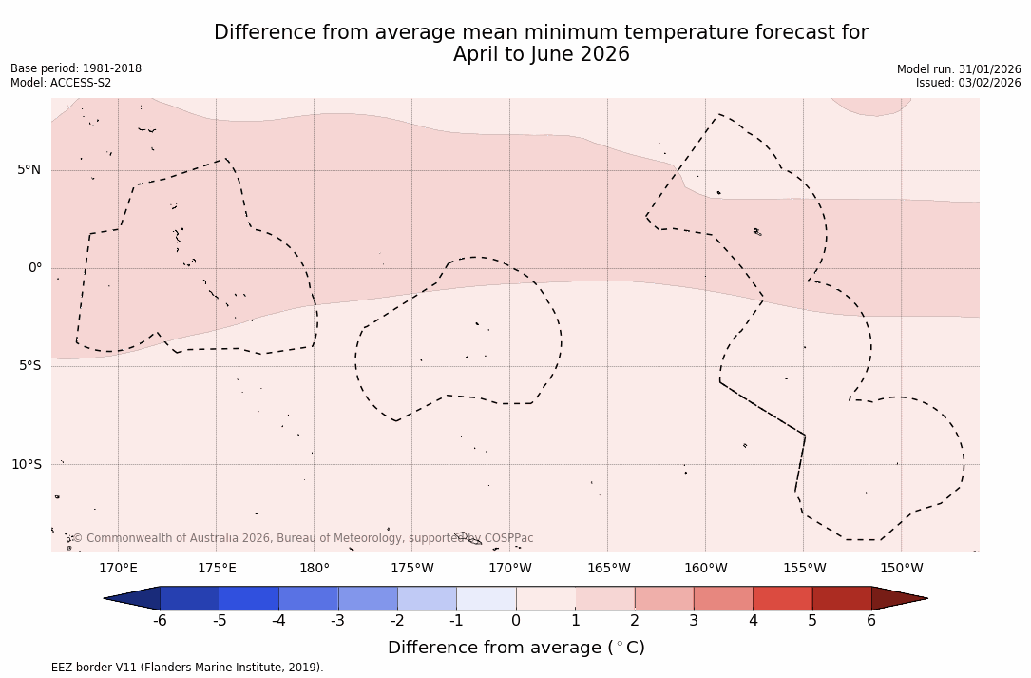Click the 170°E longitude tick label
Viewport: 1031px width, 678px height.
click(x=118, y=569)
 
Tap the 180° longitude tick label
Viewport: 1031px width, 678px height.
click(x=315, y=569)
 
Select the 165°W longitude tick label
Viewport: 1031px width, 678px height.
click(x=608, y=569)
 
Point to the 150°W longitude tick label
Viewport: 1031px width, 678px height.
click(x=902, y=569)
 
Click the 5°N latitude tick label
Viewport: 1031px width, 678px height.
click(x=29, y=170)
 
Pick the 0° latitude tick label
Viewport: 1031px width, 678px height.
click(x=35, y=268)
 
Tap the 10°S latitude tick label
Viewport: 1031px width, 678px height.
click(x=27, y=464)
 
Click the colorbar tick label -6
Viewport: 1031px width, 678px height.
click(x=160, y=621)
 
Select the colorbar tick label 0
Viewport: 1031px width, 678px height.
click(x=516, y=621)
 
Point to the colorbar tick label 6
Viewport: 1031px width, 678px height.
click(x=871, y=621)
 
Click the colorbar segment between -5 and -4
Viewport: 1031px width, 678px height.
click(x=249, y=598)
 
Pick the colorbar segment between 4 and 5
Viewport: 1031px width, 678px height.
click(x=782, y=598)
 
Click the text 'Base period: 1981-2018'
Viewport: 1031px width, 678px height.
click(x=76, y=68)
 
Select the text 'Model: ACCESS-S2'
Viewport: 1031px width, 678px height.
click(x=61, y=83)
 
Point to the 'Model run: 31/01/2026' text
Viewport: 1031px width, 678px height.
click(x=959, y=69)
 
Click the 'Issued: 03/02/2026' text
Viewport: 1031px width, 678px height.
click(x=968, y=83)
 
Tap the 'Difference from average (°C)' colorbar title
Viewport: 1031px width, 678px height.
click(x=516, y=648)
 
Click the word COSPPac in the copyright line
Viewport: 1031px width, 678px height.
click(x=508, y=538)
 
